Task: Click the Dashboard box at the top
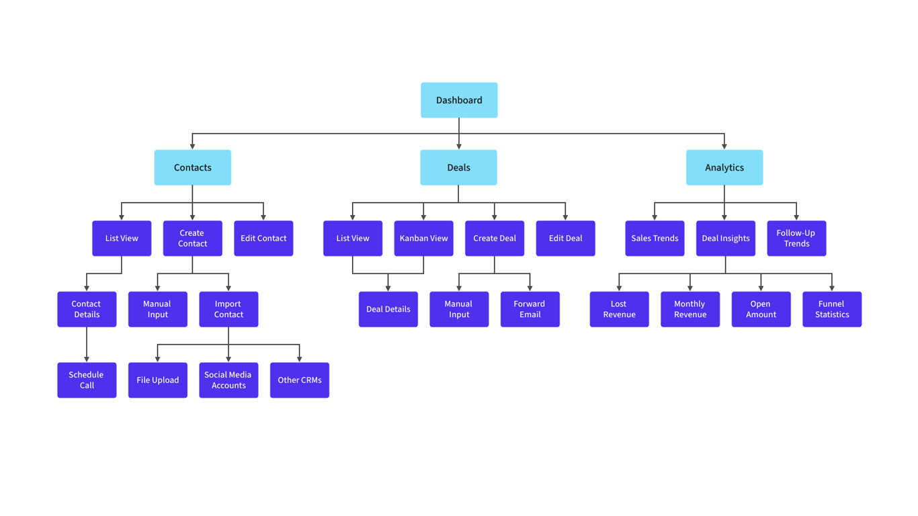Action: click(x=459, y=100)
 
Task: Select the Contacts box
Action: click(x=192, y=167)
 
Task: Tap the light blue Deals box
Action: click(x=458, y=167)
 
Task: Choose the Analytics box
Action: click(x=724, y=167)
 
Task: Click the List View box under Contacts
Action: click(x=122, y=239)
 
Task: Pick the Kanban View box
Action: click(x=423, y=239)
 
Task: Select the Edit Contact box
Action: click(x=263, y=239)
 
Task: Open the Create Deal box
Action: click(x=494, y=239)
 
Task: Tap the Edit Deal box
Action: click(x=565, y=239)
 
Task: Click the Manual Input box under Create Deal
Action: click(x=459, y=309)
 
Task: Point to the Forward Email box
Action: click(x=530, y=309)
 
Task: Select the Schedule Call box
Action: click(x=87, y=380)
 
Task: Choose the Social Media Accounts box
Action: click(x=228, y=380)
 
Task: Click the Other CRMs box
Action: click(x=299, y=380)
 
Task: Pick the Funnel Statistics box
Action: click(x=831, y=309)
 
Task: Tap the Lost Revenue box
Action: click(x=619, y=309)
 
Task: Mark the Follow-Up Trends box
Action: click(x=796, y=239)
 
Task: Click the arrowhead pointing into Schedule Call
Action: click(x=87, y=359)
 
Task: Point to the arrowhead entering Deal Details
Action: click(x=388, y=288)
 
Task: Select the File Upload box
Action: click(x=157, y=380)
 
